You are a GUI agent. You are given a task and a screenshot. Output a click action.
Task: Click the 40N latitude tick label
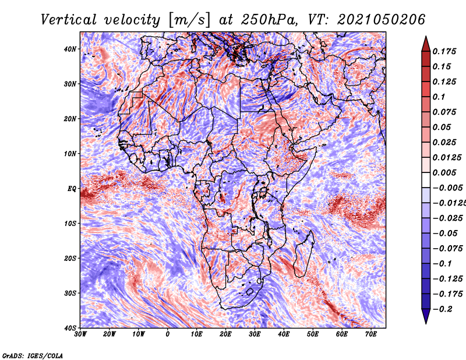click(70, 49)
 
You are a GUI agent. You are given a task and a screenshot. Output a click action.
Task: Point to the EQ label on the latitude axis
click(72, 189)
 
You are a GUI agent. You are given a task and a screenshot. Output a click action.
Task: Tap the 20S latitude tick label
click(70, 258)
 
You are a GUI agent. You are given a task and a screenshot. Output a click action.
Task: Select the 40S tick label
click(70, 328)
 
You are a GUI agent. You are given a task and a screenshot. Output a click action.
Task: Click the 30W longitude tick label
click(80, 334)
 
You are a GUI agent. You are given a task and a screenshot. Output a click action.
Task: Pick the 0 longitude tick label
click(168, 334)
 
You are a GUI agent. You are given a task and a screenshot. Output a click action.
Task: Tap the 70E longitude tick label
click(371, 334)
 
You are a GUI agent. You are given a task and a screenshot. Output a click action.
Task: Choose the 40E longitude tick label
click(284, 334)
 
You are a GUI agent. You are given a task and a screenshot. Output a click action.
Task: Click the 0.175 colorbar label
click(444, 51)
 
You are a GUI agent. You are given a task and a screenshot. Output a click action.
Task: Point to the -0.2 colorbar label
click(443, 309)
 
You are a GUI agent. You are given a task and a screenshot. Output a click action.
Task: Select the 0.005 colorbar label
click(444, 172)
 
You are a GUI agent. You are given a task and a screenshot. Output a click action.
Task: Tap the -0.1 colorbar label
click(443, 264)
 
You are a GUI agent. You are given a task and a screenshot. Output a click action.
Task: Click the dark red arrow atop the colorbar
click(426, 44)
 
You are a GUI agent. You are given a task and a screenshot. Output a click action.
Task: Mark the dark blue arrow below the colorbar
click(426, 316)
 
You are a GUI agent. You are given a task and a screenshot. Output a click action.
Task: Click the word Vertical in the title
click(69, 20)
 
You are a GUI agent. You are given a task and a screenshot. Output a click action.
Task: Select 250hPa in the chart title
click(269, 20)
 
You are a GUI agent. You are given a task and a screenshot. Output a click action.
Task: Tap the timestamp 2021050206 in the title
click(382, 20)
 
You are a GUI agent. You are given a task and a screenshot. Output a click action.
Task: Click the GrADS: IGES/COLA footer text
click(33, 355)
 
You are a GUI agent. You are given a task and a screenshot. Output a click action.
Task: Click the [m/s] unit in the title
click(189, 20)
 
